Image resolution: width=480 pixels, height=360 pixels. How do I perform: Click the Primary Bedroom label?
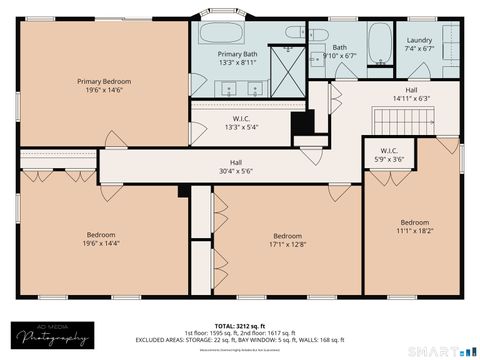(x=104, y=80)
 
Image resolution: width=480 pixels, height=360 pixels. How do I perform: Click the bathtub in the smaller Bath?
(x=381, y=41)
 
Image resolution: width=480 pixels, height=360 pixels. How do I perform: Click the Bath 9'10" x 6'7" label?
(x=339, y=51)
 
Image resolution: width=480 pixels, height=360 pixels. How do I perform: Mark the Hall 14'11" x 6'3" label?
(x=410, y=94)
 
